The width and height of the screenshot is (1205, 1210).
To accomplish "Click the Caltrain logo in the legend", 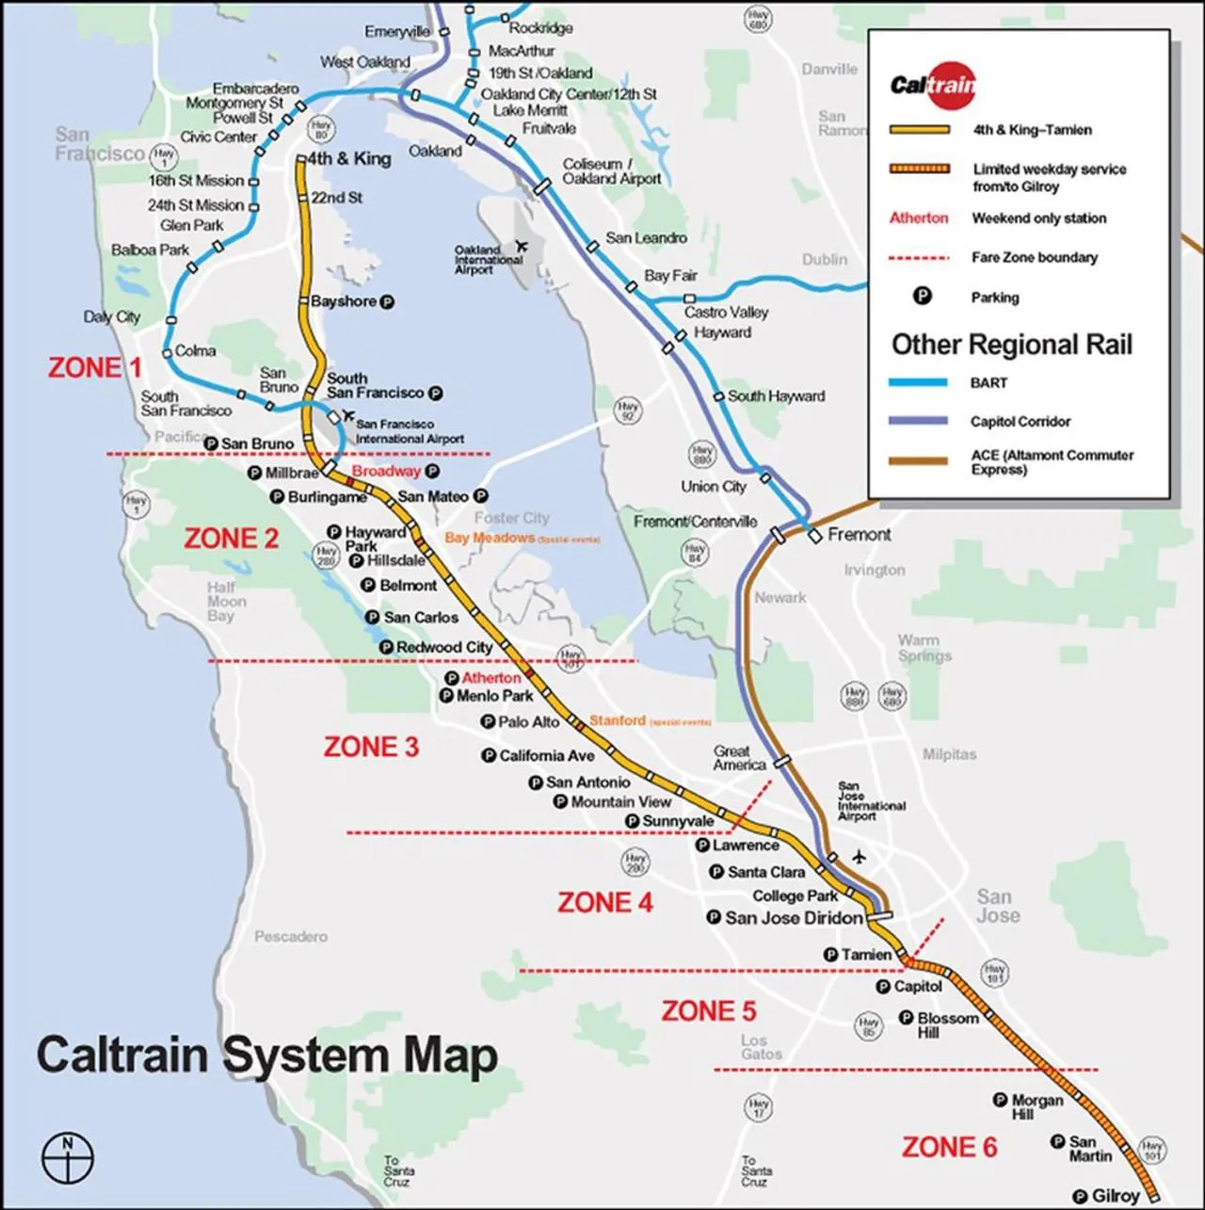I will [933, 86].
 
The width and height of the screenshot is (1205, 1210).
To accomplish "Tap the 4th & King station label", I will [349, 159].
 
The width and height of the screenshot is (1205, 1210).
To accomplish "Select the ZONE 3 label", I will [371, 747].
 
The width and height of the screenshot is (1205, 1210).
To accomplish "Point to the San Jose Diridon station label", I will [794, 917].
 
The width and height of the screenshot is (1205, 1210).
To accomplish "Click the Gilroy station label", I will [1116, 1196].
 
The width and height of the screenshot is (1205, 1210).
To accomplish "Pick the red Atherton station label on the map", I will [490, 678].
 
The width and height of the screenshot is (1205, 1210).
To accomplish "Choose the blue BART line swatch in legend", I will [919, 383].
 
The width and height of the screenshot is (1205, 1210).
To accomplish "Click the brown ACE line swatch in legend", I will [919, 461].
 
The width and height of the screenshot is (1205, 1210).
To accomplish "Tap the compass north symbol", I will [68, 1154].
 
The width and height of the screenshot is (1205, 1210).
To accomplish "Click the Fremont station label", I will [859, 535].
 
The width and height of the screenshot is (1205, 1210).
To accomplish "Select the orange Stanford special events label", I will [618, 720].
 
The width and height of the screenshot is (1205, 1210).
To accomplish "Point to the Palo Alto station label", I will [529, 721].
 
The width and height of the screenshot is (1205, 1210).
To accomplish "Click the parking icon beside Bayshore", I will [386, 302].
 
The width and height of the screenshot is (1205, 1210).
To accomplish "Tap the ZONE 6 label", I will [949, 1147].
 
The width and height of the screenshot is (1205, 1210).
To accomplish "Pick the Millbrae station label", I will [292, 473].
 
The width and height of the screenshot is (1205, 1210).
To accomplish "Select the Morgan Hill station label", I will [1036, 1106].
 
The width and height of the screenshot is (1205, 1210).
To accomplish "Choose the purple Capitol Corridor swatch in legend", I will [919, 421].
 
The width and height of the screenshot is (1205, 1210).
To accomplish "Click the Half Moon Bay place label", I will [226, 601].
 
